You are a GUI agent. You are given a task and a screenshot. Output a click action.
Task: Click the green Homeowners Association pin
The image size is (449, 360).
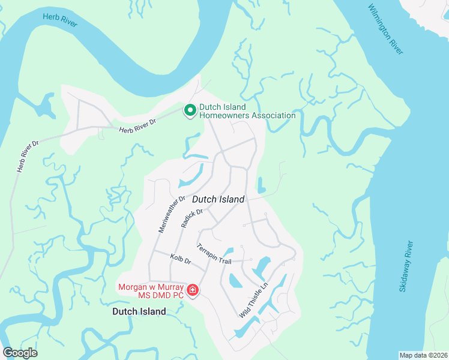[x=190, y=110]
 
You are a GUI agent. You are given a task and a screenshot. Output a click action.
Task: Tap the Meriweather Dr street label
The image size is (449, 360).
[x=172, y=214]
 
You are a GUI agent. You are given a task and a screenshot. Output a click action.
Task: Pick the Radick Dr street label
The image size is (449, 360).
[x=192, y=218]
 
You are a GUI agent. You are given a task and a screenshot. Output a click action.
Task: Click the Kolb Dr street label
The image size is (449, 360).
[x=179, y=261]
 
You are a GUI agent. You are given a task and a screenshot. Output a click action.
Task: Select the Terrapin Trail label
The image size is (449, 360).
[x=214, y=254]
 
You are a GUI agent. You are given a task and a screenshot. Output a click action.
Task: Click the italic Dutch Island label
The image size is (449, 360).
[x=218, y=199]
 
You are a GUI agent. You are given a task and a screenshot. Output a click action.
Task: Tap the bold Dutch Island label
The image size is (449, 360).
[x=139, y=311]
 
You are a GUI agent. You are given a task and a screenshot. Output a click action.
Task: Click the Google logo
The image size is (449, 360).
[x=20, y=353]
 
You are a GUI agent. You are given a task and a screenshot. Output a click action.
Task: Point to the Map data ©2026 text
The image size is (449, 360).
[x=423, y=355]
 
